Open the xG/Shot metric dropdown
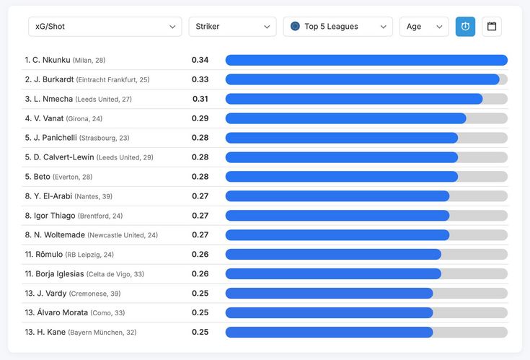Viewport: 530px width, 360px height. point(105,27)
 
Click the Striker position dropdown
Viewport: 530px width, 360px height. point(232,27)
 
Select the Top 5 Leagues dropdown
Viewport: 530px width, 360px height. point(338,27)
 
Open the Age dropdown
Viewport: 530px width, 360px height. point(424,27)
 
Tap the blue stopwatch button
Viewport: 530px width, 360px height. point(465,27)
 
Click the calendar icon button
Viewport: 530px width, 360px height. point(492,27)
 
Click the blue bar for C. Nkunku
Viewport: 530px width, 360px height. point(366,60)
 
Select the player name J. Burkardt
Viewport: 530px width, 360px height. point(54,79)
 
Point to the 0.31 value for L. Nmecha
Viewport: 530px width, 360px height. point(200,99)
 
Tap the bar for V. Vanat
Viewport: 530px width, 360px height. point(346,118)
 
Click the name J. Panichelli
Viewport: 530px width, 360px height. point(55,138)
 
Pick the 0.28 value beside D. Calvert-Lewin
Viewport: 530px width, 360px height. point(200,157)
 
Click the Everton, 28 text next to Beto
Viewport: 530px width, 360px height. point(72,177)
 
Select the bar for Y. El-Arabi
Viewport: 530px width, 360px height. point(337,196)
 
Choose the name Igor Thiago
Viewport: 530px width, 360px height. point(54,216)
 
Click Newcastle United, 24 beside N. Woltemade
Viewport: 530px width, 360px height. point(123,235)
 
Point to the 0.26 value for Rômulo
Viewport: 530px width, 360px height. point(200,255)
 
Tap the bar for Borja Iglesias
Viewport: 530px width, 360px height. point(333,274)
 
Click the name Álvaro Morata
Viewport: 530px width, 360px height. point(63,312)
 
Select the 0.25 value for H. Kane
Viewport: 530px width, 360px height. point(200,333)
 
